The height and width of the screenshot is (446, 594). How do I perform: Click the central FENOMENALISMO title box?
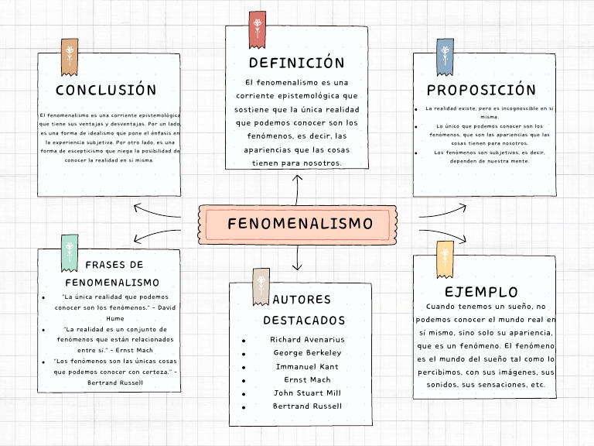[299, 225]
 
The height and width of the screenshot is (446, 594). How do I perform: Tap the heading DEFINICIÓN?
[296, 63]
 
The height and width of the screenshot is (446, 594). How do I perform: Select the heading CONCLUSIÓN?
[106, 91]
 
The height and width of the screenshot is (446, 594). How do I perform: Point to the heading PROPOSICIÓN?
[481, 91]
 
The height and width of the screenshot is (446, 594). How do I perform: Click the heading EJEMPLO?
[481, 292]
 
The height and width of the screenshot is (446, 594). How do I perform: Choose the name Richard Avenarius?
[307, 339]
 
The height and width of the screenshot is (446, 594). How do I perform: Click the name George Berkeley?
[307, 353]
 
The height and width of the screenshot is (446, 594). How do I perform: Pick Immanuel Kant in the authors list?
[307, 366]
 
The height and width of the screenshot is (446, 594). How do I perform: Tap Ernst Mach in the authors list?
[307, 379]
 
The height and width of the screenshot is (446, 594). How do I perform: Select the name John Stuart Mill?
[307, 393]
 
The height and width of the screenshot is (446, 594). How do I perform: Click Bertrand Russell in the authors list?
[307, 406]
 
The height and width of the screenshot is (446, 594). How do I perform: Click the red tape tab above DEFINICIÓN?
[257, 26]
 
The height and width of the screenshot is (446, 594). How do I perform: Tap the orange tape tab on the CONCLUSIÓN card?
[70, 56]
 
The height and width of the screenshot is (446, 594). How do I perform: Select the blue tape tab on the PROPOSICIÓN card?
[445, 56]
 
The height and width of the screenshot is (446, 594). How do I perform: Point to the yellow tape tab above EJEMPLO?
[445, 259]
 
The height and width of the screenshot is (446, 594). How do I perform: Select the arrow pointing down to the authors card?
[297, 259]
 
